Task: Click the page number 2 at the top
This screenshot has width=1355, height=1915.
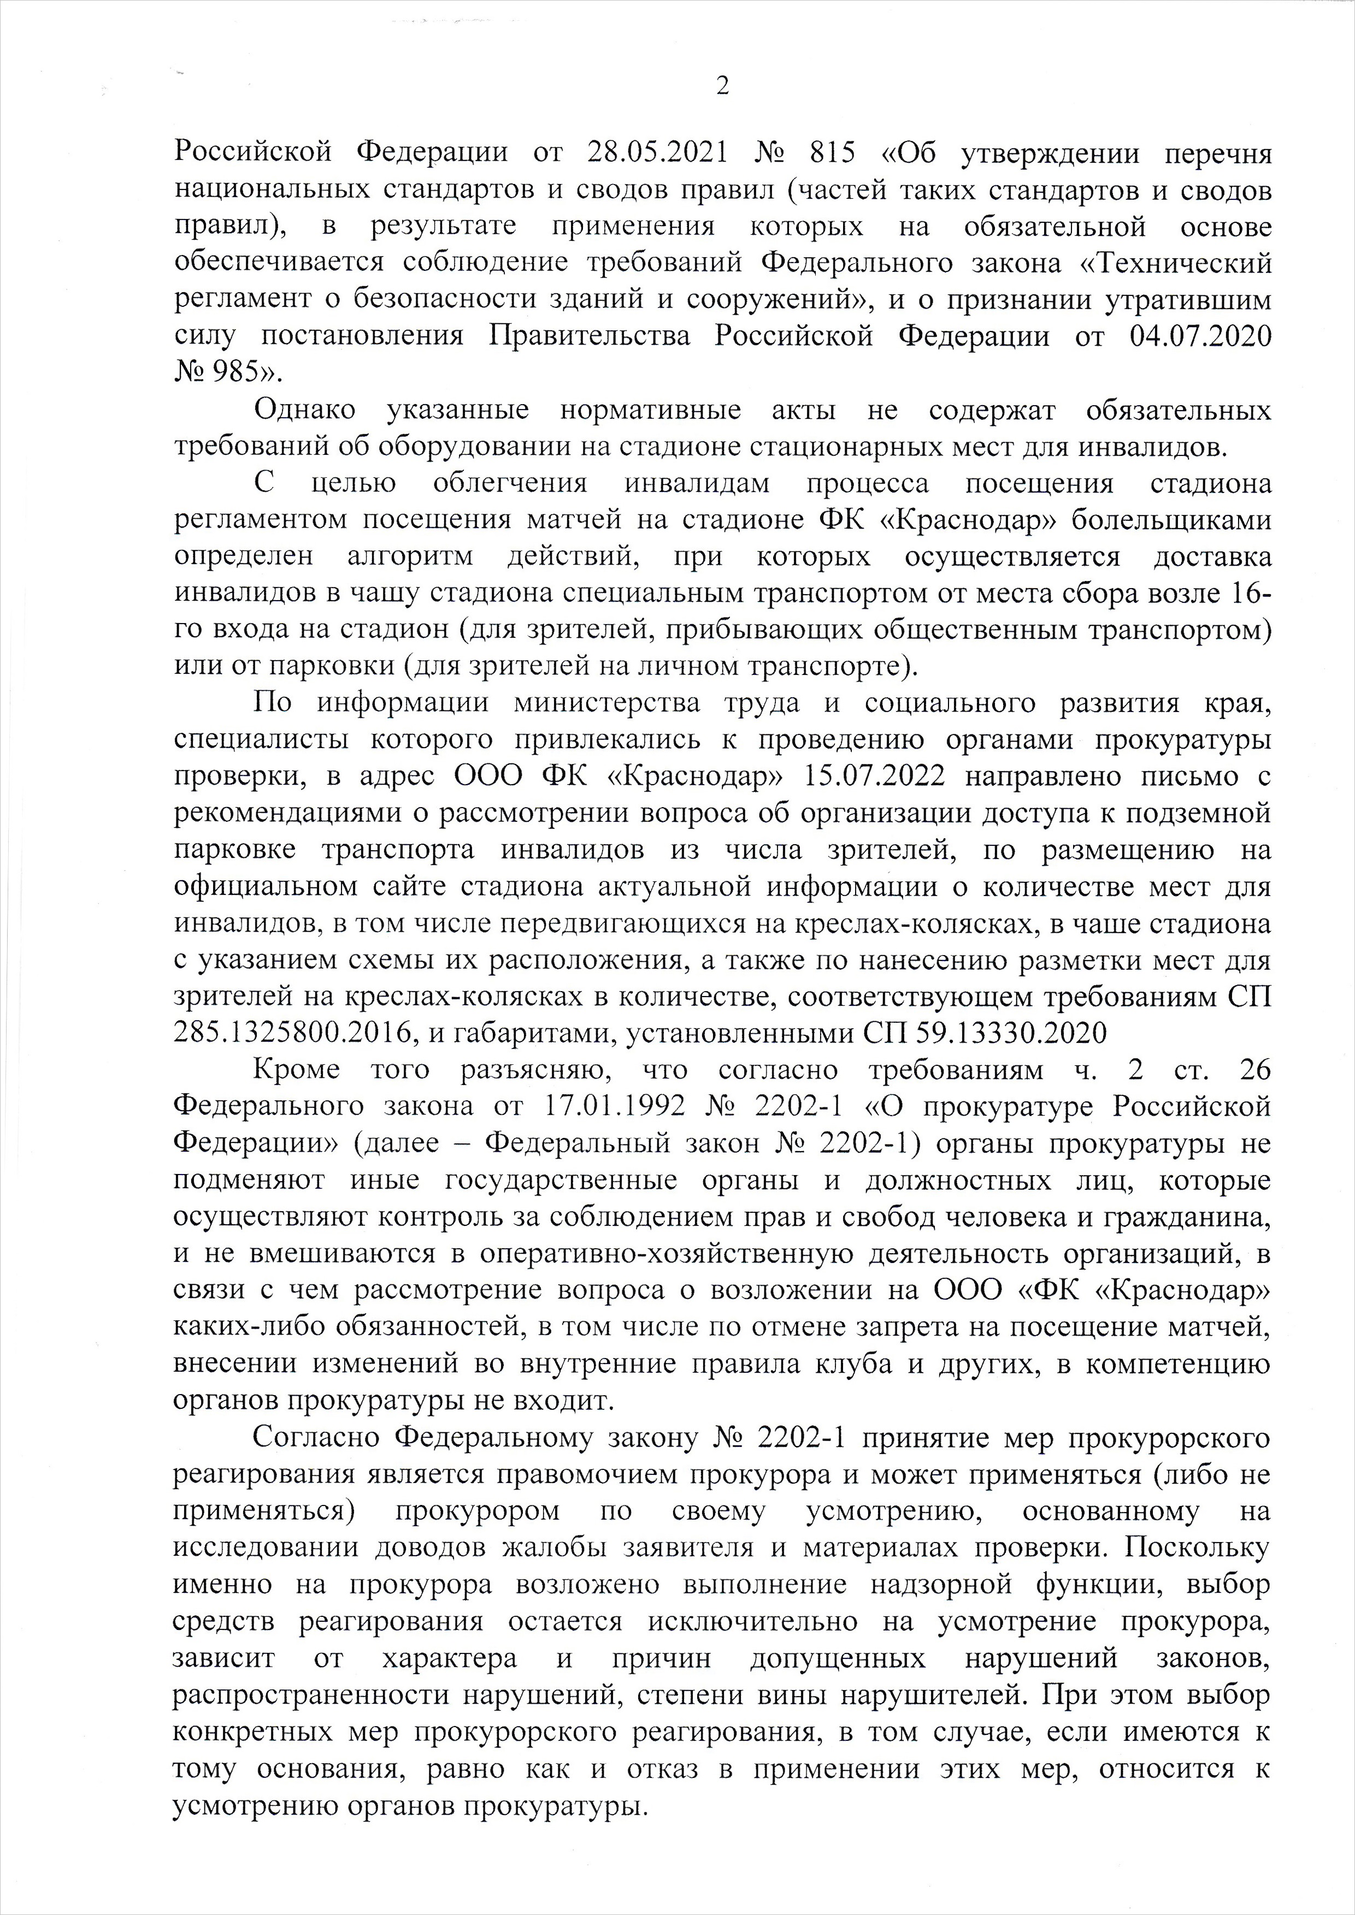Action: (x=722, y=86)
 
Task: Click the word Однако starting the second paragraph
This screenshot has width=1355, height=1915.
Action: (x=304, y=411)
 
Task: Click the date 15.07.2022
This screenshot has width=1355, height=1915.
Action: (x=874, y=776)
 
